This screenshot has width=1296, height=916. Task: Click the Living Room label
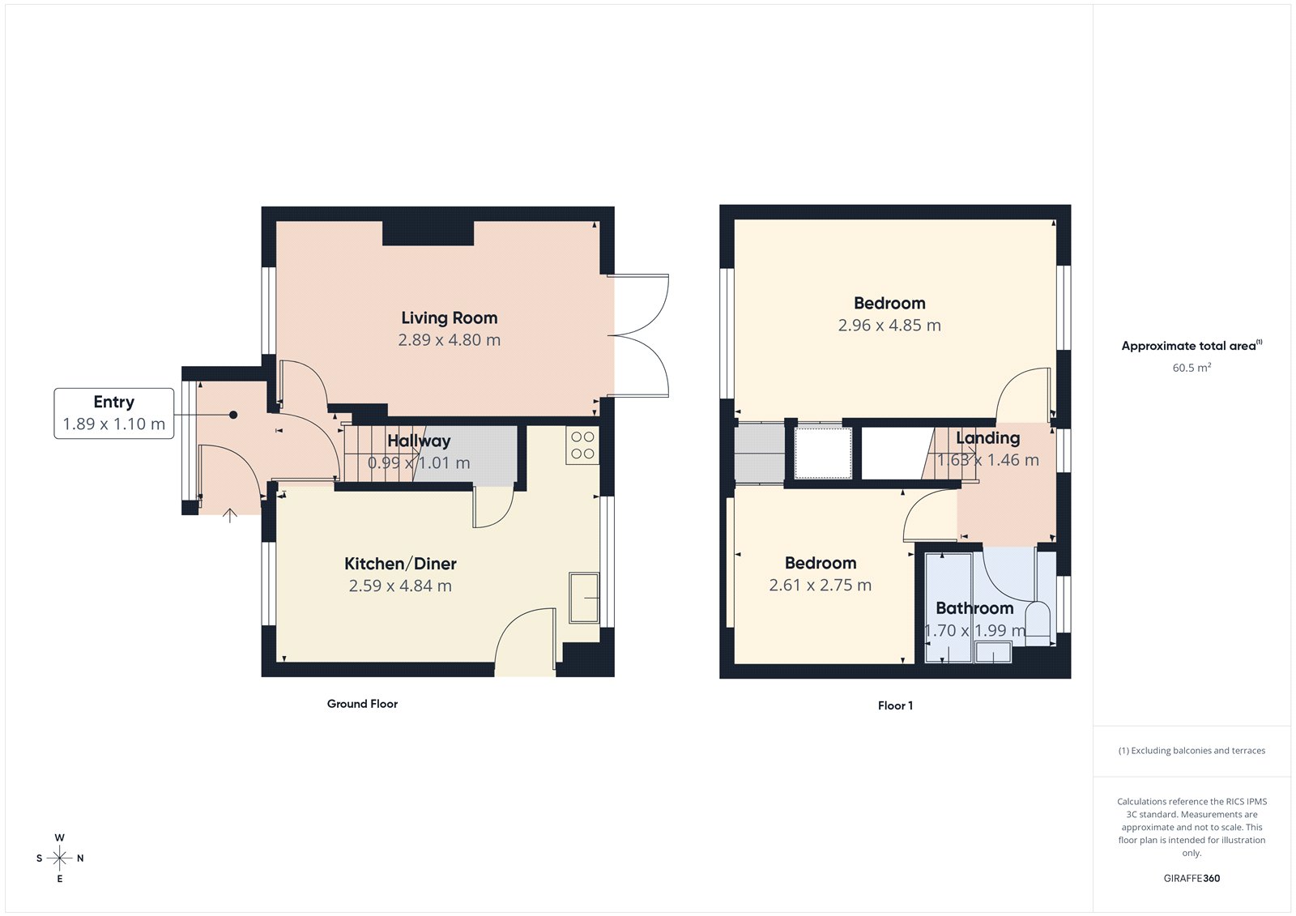(449, 318)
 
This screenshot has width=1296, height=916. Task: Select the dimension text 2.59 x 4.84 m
(400, 586)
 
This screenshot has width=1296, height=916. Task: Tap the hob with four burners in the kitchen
(582, 445)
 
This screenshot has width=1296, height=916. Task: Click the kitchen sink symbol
(583, 598)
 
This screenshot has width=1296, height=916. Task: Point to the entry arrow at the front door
(230, 515)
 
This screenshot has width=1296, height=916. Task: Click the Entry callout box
(113, 413)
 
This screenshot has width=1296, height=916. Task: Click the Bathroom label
(974, 608)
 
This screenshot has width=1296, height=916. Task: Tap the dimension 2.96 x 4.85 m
(889, 326)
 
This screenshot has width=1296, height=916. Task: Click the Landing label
(987, 438)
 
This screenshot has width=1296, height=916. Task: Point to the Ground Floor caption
(362, 704)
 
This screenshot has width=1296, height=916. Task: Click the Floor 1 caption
(895, 705)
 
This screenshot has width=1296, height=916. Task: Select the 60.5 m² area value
(1192, 368)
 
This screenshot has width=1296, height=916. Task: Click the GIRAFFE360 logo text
(1192, 878)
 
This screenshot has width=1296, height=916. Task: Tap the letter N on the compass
(80, 858)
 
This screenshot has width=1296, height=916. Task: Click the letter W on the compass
(60, 837)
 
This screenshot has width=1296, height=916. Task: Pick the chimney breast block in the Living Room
(428, 233)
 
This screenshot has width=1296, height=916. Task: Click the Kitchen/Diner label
(400, 564)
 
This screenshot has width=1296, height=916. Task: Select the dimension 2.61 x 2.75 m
(820, 585)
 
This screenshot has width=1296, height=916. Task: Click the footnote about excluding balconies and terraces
(1192, 751)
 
